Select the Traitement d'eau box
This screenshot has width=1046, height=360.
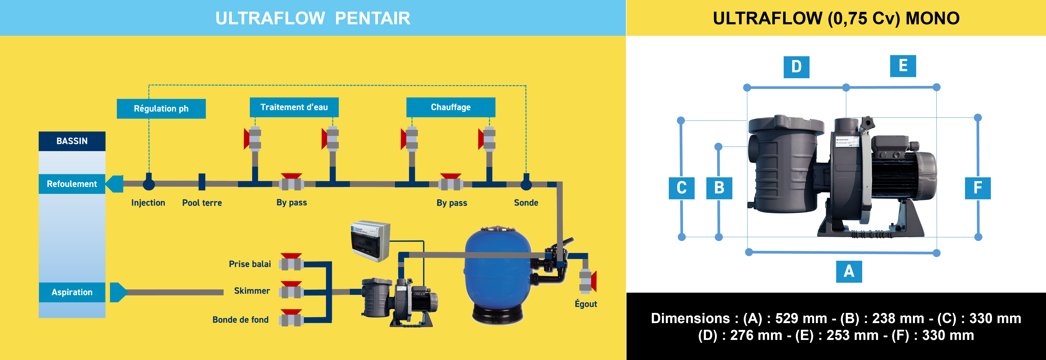[x=294, y=107]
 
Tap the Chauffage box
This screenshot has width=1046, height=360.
[x=451, y=107]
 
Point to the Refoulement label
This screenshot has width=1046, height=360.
[x=72, y=184]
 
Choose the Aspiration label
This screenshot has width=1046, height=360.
[x=72, y=292]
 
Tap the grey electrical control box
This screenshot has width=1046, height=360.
[x=370, y=241]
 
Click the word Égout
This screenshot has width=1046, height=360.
[x=586, y=304]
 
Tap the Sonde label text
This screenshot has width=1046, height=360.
[x=526, y=203]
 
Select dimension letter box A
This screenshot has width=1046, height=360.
[x=849, y=271]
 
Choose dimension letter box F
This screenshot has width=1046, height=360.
[x=977, y=188]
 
